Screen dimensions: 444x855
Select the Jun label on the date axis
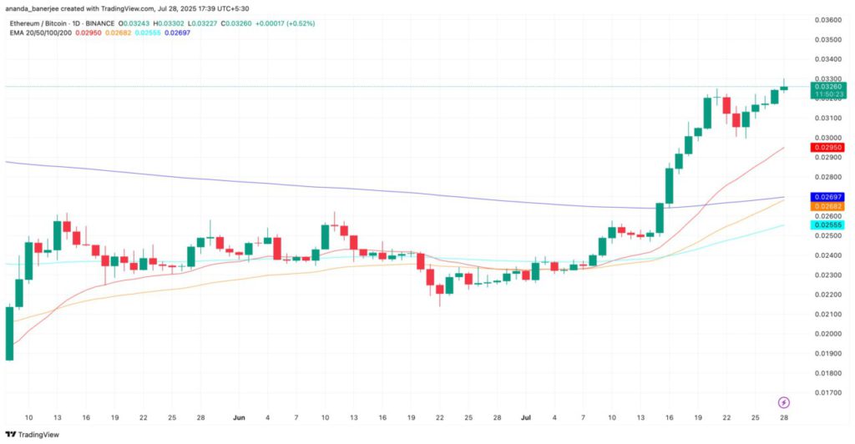pos(240,416)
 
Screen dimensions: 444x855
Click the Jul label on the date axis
pos(526,416)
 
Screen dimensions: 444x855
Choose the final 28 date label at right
pos(784,416)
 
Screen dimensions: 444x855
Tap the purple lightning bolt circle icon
pos(784,401)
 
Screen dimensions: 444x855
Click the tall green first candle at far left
pos(9,333)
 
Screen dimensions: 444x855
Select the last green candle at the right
pos(784,88)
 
